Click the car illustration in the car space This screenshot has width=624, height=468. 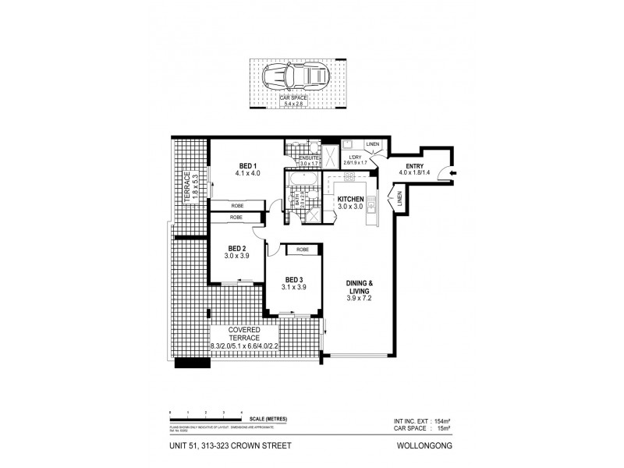[295, 77]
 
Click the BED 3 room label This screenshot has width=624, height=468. [294, 283]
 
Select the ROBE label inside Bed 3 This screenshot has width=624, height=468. [302, 250]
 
